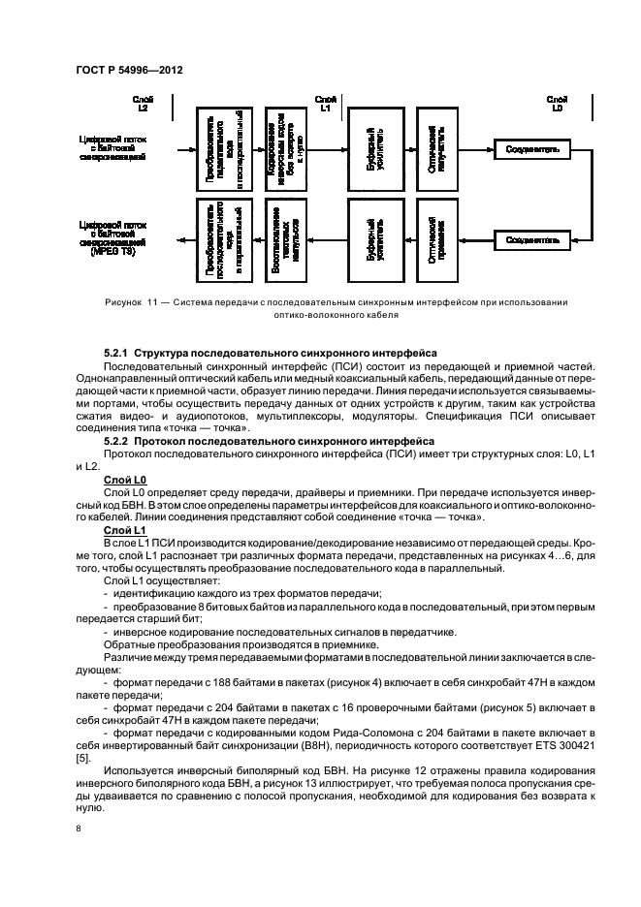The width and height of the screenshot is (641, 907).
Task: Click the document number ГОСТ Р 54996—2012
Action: pos(126,71)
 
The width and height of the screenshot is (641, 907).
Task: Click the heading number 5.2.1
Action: pos(115,353)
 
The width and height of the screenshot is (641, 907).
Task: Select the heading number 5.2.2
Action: pos(115,439)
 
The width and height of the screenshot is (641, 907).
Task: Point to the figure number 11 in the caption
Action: pos(152,302)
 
